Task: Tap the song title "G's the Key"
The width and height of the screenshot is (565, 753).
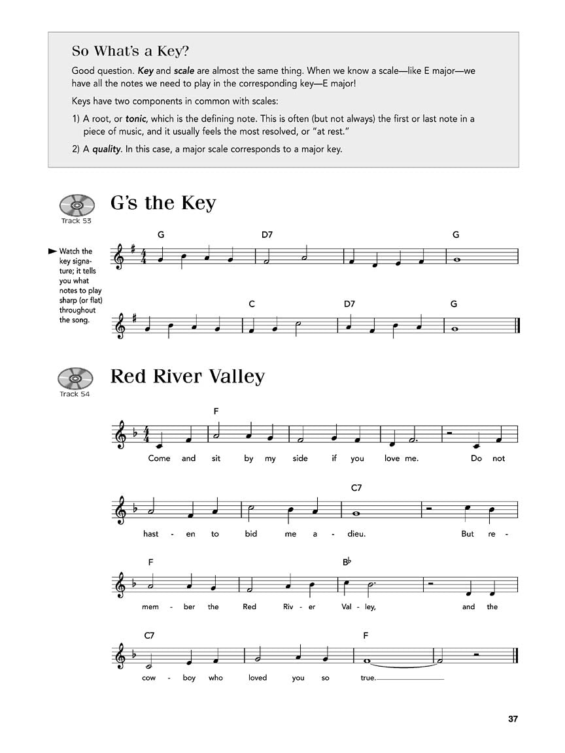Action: click(163, 203)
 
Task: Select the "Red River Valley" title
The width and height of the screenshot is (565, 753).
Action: click(188, 376)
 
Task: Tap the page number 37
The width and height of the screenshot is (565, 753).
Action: click(513, 719)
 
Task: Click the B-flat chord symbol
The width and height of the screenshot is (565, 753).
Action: click(347, 562)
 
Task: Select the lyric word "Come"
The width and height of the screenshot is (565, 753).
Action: click(159, 458)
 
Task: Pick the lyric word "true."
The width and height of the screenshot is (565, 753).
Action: click(368, 678)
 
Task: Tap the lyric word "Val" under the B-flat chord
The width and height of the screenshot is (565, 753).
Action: click(347, 607)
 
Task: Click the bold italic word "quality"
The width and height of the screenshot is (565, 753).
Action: click(105, 148)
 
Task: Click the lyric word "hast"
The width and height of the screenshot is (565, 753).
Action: click(150, 533)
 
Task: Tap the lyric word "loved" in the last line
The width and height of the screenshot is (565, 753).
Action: click(258, 678)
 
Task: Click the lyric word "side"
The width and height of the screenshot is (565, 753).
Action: click(300, 458)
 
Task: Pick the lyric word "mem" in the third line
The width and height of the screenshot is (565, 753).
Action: click(150, 607)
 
